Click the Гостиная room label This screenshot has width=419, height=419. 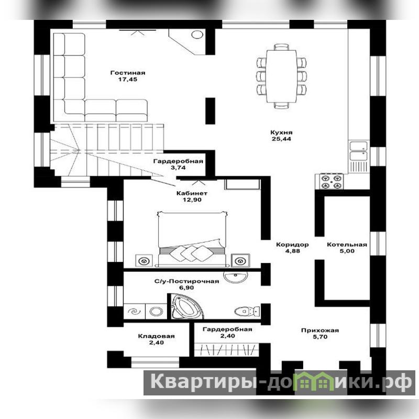[128, 73]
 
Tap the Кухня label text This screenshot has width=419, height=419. [281, 133]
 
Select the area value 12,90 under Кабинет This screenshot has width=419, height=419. [192, 200]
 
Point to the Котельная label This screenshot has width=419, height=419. [347, 245]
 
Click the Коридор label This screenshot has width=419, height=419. [292, 245]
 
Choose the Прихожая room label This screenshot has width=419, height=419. [320, 330]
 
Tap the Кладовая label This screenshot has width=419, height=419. [156, 336]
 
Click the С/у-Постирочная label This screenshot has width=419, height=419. [186, 281]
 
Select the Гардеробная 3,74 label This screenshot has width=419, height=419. [178, 164]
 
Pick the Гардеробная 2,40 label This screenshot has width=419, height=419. [227, 333]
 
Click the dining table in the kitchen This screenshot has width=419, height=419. [281, 76]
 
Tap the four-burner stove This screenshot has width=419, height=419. [331, 181]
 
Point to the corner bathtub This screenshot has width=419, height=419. [186, 306]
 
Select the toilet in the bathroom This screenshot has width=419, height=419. [247, 311]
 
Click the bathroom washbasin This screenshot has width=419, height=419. [235, 277]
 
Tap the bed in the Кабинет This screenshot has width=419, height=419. [192, 239]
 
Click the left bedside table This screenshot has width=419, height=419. [144, 260]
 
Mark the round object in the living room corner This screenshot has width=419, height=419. [197, 35]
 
